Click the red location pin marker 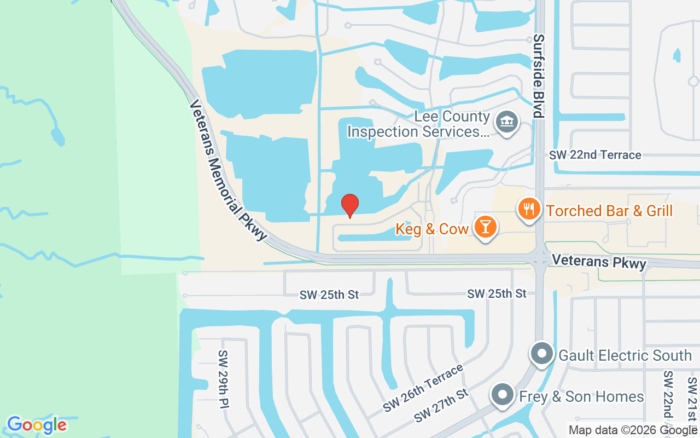pos(350,206)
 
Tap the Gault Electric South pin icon pos(542,354)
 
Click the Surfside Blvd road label pos(539,76)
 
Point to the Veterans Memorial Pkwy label pos(229,170)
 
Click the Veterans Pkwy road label pos(599,262)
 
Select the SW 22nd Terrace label pos(595,155)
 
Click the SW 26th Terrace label pos(423,388)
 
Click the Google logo pos(37,425)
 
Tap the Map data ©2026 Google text pos(633,430)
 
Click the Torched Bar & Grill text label pos(609,211)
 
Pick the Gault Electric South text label pos(625,355)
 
